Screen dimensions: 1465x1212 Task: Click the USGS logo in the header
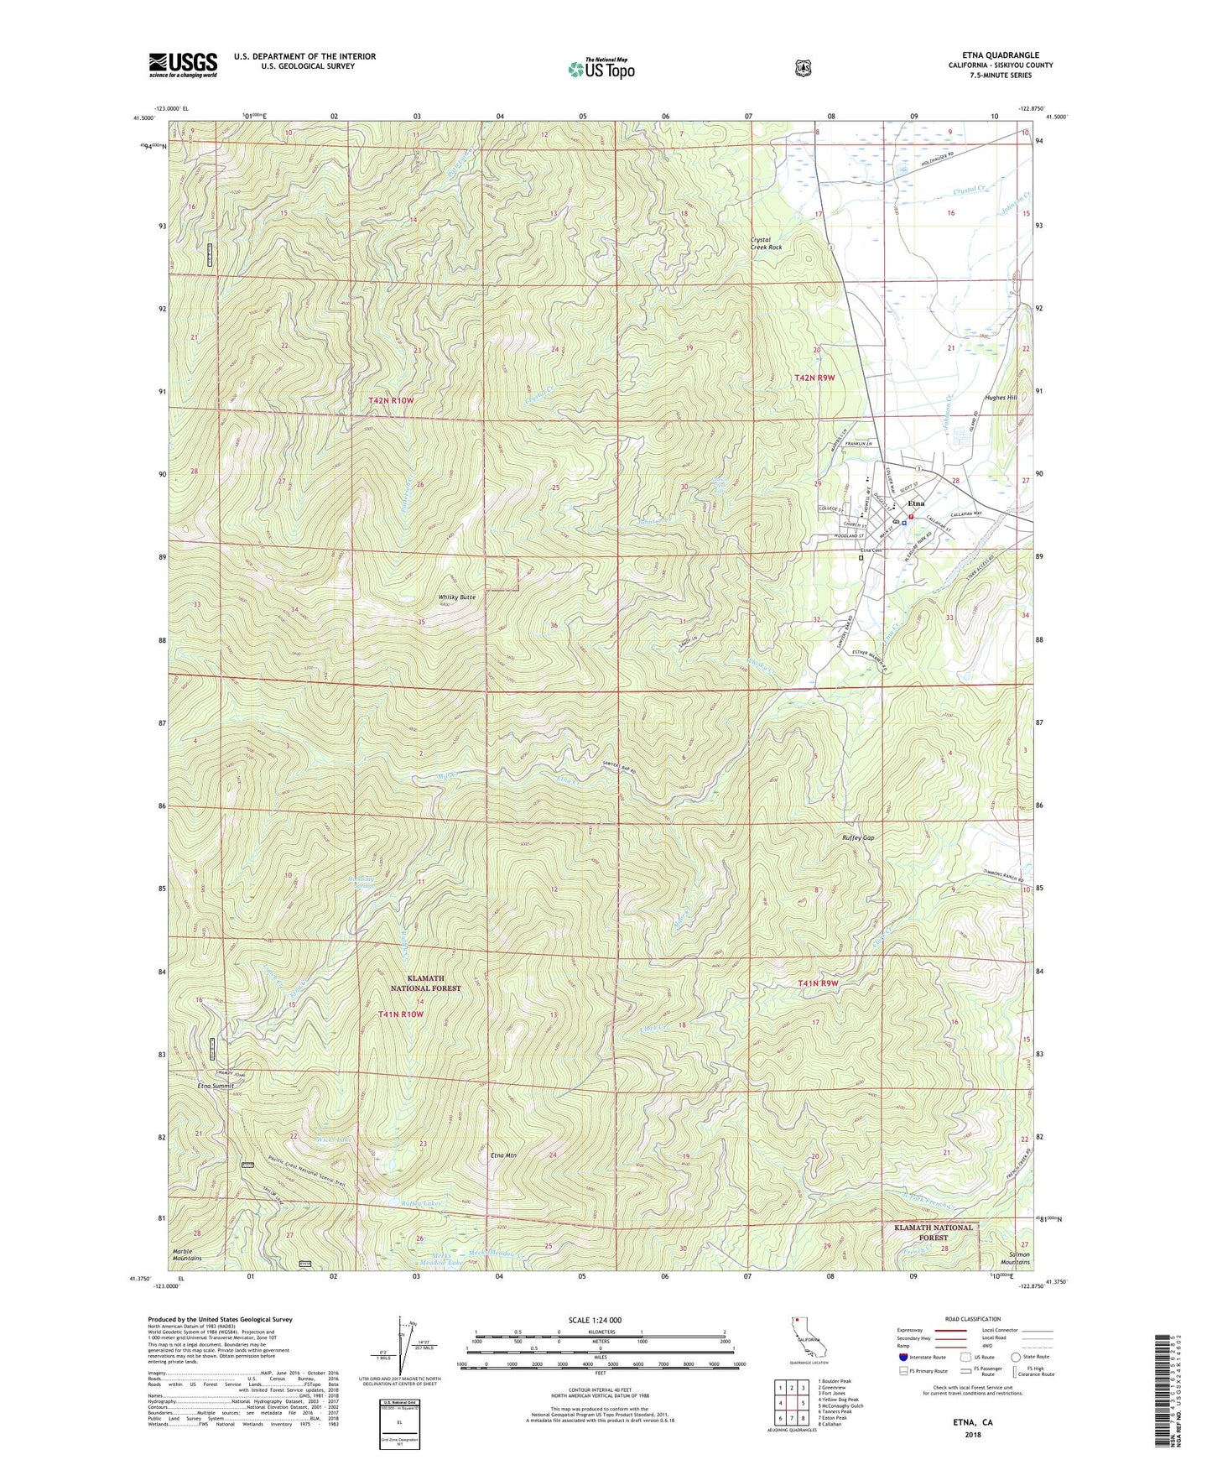click(183, 65)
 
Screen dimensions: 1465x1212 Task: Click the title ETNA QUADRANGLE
click(1001, 55)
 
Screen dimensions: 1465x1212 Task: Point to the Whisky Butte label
click(457, 597)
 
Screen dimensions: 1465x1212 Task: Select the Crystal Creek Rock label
click(766, 243)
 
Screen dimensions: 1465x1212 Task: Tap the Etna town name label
click(916, 503)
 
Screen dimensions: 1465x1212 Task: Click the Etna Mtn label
click(503, 1155)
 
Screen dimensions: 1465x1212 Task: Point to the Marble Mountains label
click(187, 1254)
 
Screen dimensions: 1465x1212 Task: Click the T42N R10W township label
click(391, 401)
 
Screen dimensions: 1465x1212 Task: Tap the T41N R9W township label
click(817, 983)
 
